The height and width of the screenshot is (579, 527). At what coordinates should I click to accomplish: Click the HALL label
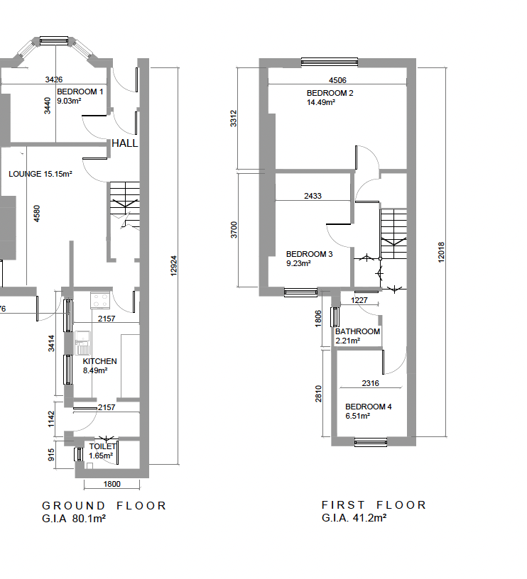tap(125, 143)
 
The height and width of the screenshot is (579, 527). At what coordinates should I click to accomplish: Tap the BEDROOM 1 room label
tap(80, 92)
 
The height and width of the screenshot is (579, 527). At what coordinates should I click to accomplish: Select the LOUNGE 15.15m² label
tap(40, 174)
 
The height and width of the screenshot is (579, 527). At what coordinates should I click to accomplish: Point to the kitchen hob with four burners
tap(100, 300)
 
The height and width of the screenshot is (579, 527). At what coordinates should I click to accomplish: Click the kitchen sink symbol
tap(82, 343)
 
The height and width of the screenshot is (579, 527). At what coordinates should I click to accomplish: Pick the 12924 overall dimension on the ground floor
tap(174, 266)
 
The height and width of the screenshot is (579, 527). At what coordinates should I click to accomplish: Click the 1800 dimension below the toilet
tap(112, 484)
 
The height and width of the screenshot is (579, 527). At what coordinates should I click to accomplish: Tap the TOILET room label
tap(102, 446)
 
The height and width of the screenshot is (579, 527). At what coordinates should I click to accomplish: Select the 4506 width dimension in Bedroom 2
tap(338, 80)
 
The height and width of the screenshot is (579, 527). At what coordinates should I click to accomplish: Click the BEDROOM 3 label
tap(310, 254)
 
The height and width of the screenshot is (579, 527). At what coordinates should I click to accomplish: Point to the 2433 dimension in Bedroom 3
tap(313, 196)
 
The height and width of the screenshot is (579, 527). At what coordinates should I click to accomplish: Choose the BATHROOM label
tap(357, 331)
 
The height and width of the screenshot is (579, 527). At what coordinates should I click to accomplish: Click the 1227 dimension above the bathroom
tap(359, 300)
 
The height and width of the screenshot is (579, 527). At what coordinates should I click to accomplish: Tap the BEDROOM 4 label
tap(369, 407)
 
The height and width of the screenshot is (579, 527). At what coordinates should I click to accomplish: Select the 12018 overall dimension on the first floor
tap(441, 253)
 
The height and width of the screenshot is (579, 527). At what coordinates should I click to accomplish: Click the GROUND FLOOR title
tap(104, 505)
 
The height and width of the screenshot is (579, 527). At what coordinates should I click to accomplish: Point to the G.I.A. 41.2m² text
tap(354, 518)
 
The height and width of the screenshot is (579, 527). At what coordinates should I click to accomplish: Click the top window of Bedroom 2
tap(330, 62)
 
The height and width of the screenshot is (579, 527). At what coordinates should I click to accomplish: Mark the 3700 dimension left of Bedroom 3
tap(234, 230)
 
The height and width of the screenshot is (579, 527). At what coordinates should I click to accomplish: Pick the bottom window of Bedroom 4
tap(371, 442)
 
